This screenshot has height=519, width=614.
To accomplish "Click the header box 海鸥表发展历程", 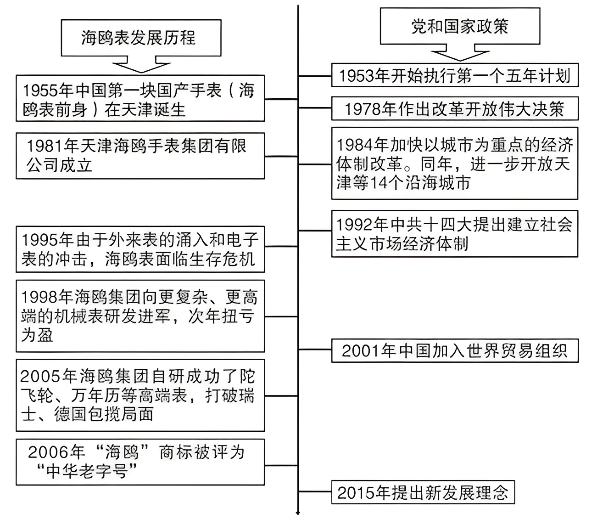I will point(141,38).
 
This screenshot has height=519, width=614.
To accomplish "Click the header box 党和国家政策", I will point(460,26).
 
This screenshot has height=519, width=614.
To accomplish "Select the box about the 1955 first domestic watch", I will point(140,99).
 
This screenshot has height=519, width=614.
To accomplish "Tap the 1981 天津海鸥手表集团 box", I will point(140,156).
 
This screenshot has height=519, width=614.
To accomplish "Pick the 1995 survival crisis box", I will point(140,249).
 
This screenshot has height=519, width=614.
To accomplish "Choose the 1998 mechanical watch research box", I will point(140,316).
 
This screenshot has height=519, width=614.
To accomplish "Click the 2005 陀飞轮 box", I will point(140,395).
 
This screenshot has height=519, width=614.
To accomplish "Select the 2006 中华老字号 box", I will point(140,462).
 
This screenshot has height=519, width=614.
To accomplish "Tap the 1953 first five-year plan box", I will point(454,75).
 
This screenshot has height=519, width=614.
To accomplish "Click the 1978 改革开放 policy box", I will point(454,109).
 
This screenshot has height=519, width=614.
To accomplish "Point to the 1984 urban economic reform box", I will point(454,164).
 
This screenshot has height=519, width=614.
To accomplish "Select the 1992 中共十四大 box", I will point(454,234).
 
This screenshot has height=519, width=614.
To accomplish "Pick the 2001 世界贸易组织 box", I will point(454,351).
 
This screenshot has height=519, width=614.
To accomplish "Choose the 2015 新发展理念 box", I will point(423,492).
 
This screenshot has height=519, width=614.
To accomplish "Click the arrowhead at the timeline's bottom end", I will point(298,513).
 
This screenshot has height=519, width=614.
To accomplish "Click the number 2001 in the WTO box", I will point(362,351).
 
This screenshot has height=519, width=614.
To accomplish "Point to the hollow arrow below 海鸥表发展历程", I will point(141,65).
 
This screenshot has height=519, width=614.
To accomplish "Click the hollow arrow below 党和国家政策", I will point(460,53).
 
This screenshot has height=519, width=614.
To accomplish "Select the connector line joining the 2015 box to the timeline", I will point(315,492).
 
